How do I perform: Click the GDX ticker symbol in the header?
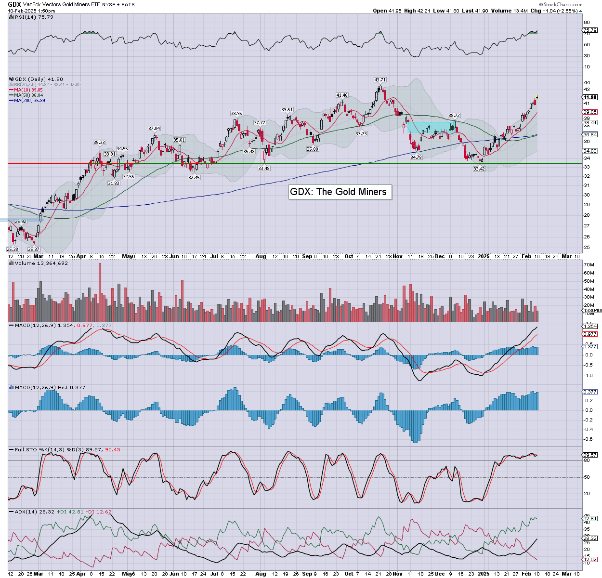coord(14,4)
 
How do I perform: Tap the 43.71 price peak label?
coord(380,79)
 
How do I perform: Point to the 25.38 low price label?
coord(13,249)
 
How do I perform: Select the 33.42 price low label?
coord(479,169)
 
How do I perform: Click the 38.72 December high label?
coord(454,116)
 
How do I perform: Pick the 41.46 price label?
coord(342,95)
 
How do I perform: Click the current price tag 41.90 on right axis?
coord(590,97)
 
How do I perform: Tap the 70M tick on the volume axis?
coord(589,265)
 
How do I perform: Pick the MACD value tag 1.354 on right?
coord(590,327)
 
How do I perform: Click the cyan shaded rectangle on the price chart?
coord(430,127)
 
